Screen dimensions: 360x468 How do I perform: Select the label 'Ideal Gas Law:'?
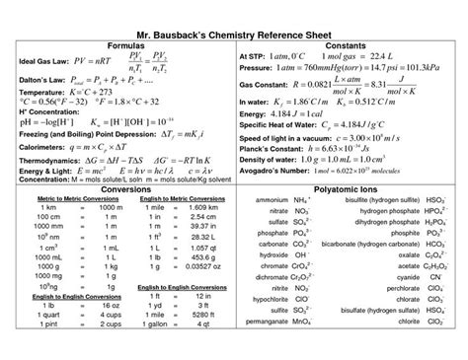pos(39,63)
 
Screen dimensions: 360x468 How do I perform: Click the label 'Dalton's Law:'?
pos(38,84)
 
